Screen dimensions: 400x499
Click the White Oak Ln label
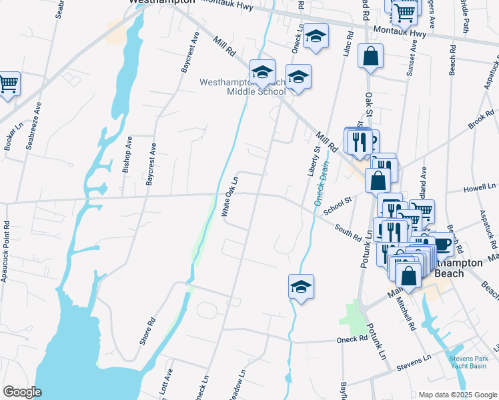pos(229,196)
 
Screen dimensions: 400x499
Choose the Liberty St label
pos(312,158)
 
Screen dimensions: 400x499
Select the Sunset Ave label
pos(412,58)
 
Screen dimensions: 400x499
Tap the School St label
pos(337,206)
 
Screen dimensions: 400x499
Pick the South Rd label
pos(348,233)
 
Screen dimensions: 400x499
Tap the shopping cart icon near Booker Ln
pos(8,84)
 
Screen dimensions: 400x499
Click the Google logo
pos(22,392)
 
